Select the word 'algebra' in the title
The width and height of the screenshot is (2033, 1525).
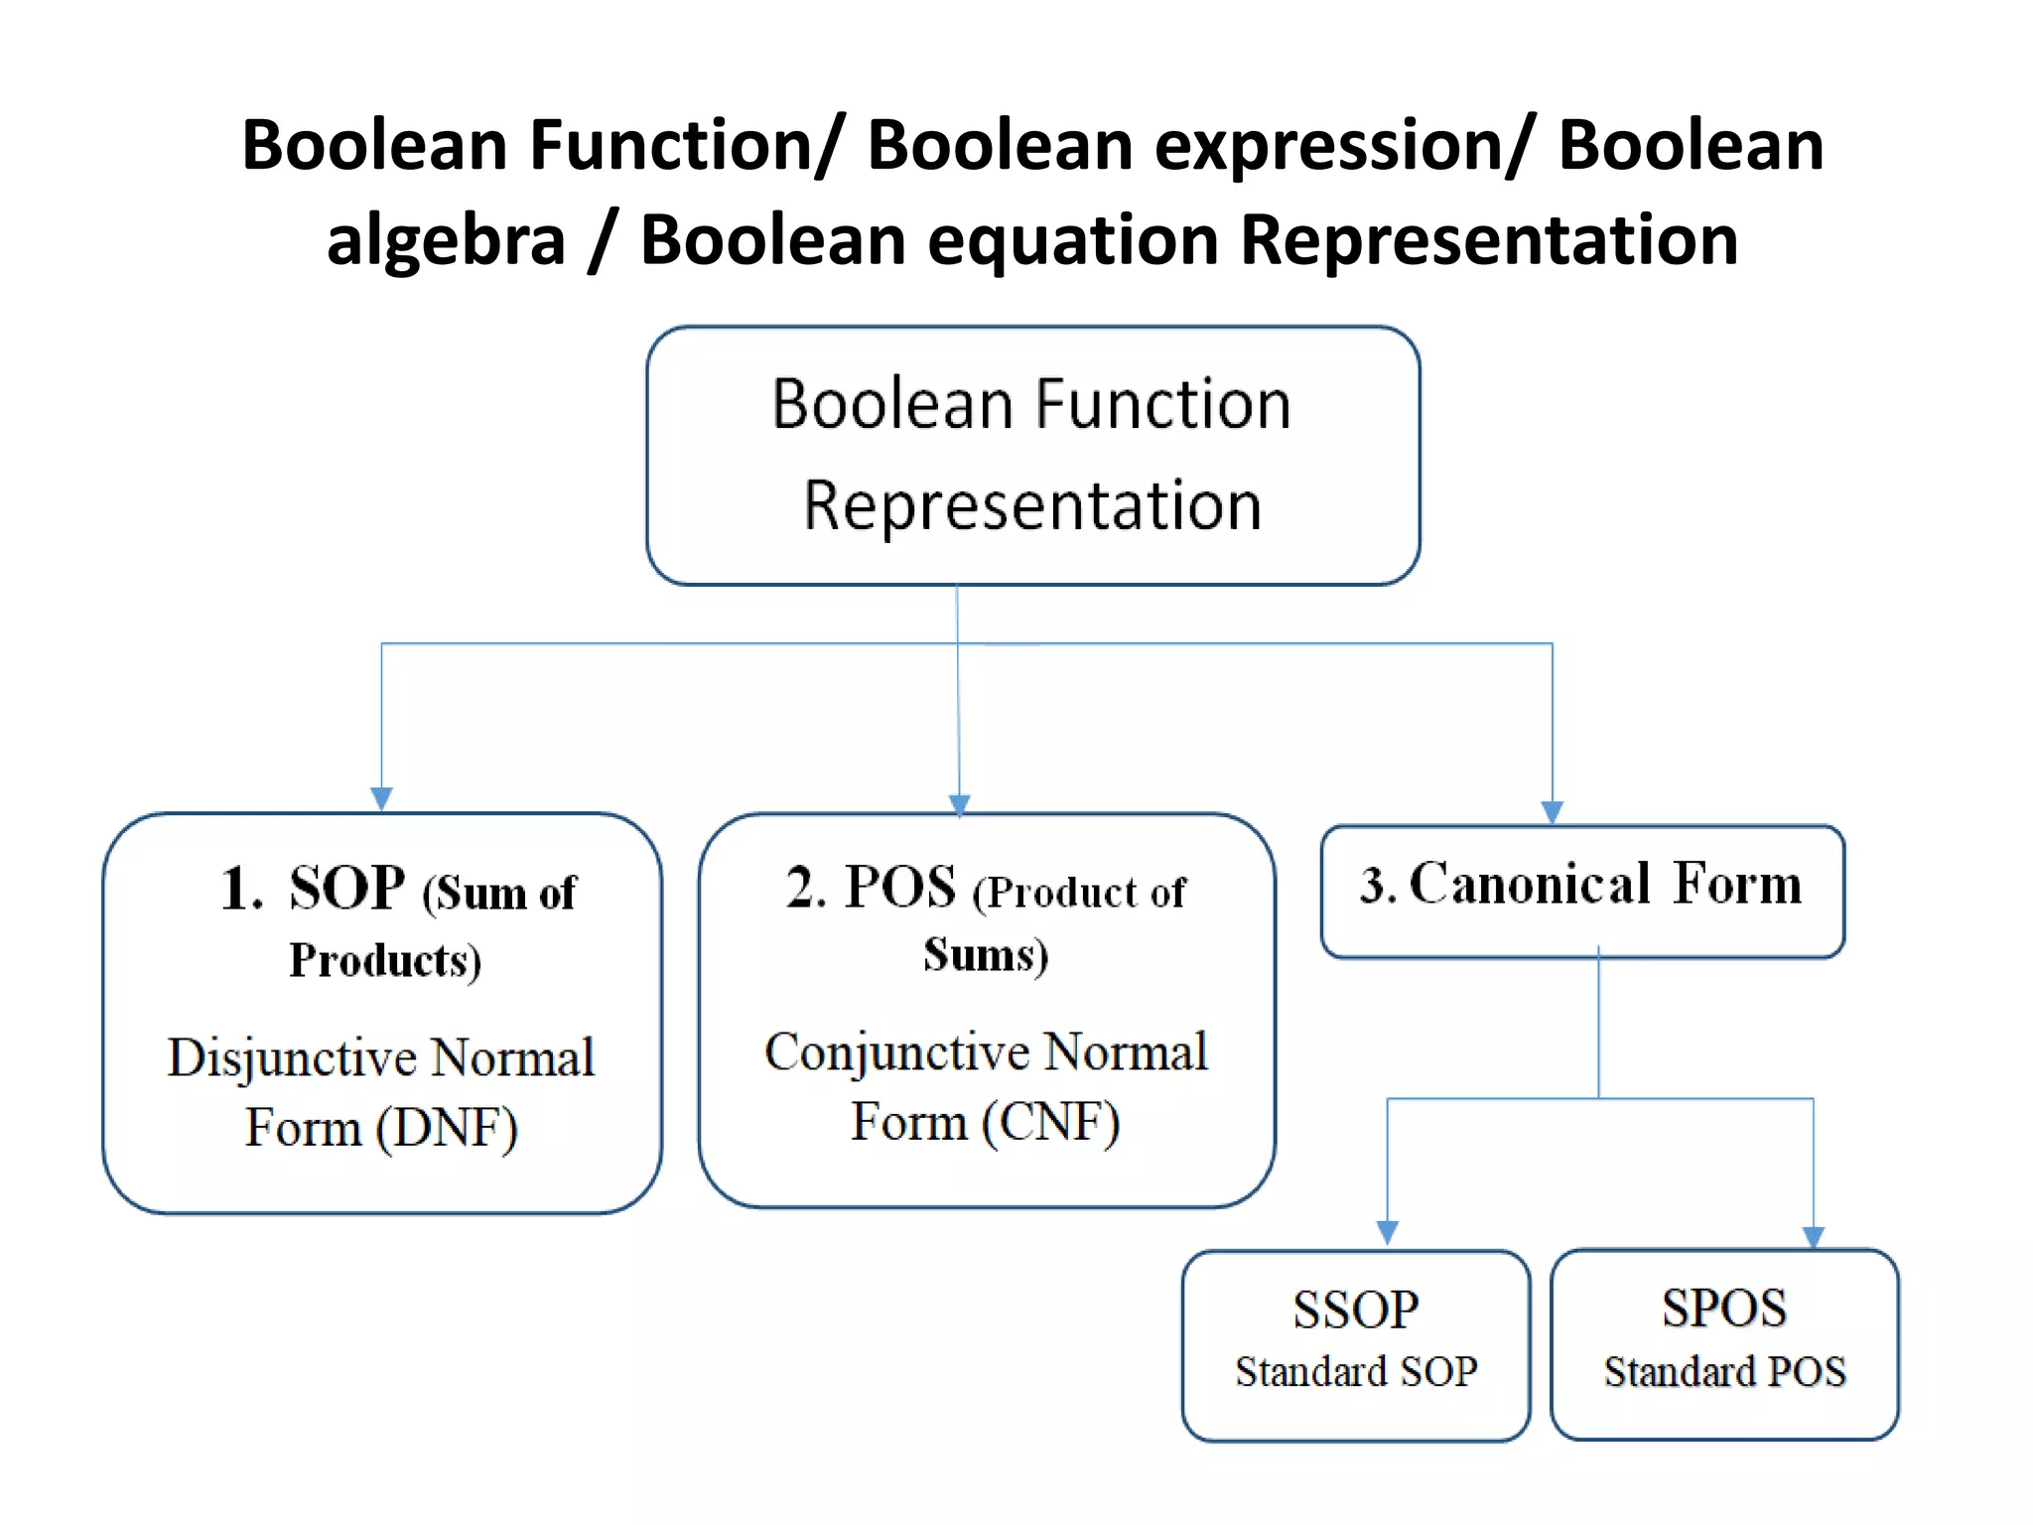coord(446,241)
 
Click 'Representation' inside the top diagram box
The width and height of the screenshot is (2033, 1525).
coord(1032,505)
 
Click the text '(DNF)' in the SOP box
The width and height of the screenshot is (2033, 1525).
coord(448,1128)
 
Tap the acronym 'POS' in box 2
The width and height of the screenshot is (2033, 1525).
coord(899,887)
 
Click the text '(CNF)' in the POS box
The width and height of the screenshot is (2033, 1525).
coord(1051,1123)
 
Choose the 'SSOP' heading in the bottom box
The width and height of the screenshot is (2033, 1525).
coord(1355,1309)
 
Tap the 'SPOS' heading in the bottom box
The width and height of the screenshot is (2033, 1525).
coord(1724,1308)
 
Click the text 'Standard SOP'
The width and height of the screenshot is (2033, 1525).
coord(1356,1372)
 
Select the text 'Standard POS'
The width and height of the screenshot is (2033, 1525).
coord(1724,1372)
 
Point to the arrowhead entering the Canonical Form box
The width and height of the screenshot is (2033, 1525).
coord(1552,812)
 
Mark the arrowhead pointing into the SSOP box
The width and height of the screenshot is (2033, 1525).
coord(1387,1233)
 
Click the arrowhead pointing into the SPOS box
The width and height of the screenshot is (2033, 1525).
coord(1813,1237)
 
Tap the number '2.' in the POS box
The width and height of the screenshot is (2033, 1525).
coord(806,888)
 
